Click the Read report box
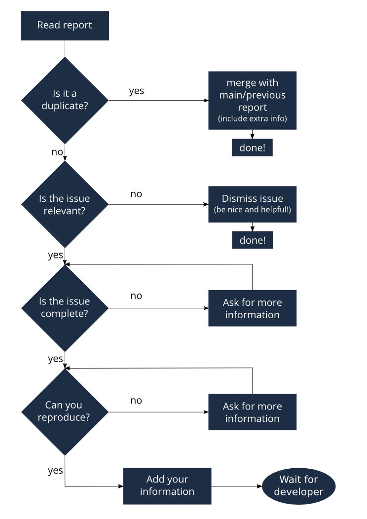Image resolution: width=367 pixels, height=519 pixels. tap(65, 26)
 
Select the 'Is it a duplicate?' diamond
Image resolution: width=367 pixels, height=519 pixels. tap(65, 100)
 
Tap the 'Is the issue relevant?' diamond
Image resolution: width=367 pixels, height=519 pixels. tap(65, 204)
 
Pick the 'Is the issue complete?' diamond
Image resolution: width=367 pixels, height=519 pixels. tap(65, 308)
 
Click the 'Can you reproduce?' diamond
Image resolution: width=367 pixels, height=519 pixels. tap(65, 411)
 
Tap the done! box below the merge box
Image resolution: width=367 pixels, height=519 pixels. tap(252, 148)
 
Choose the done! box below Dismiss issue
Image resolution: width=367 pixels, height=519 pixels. tap(253, 240)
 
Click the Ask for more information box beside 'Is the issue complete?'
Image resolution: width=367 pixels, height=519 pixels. tap(252, 308)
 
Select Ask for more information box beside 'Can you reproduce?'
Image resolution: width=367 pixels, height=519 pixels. tap(252, 412)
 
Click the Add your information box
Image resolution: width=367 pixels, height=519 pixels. tap(167, 485)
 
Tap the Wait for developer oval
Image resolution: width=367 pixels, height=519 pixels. tap(298, 485)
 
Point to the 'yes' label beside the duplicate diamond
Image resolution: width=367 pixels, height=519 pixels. tap(136, 91)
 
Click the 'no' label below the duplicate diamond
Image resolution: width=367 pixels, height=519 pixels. tap(57, 152)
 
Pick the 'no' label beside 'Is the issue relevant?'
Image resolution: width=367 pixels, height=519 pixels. tap(136, 194)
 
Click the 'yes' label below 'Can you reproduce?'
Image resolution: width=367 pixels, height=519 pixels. tap(55, 471)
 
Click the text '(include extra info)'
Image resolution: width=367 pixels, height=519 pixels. tap(252, 119)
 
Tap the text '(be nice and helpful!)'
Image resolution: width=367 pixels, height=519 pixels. tap(252, 210)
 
